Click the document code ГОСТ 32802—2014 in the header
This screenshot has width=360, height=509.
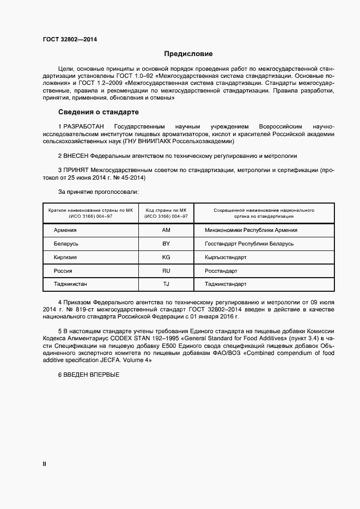[x=66, y=39]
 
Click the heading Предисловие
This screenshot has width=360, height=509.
[x=188, y=54]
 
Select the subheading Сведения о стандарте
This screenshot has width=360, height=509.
[x=99, y=113]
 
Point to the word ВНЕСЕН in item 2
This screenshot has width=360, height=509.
[x=76, y=155]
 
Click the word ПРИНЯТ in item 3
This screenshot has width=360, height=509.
[x=76, y=170]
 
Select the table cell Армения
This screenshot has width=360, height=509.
[x=65, y=230]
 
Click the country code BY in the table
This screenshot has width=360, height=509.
[x=166, y=243]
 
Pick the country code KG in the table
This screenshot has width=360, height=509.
[x=166, y=257]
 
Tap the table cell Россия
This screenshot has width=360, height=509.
[x=63, y=271]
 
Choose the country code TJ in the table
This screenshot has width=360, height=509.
[x=166, y=284]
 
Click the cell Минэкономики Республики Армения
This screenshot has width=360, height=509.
[x=251, y=230]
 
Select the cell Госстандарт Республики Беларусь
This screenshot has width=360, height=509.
[x=249, y=243]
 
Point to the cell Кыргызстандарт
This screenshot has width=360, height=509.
[x=225, y=257]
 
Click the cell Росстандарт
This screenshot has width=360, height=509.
[x=221, y=271]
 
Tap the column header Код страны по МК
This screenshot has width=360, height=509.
[x=166, y=210]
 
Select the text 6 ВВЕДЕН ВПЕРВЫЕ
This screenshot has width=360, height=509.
[x=88, y=375]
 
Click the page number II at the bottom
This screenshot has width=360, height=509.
[x=45, y=464]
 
